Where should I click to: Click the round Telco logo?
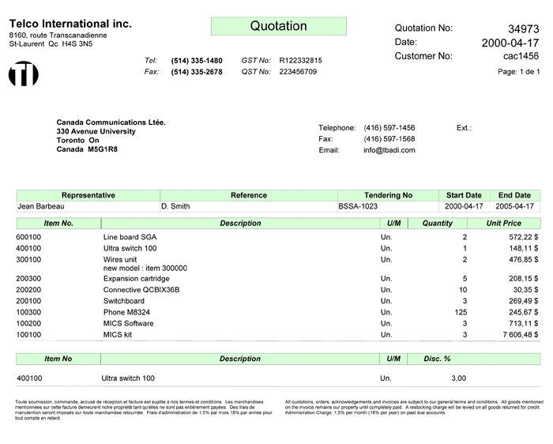click(x=23, y=73)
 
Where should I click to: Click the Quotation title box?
click(x=278, y=26)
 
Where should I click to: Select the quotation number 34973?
click(x=523, y=28)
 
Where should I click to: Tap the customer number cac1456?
click(x=521, y=56)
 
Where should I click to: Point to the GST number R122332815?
click(x=301, y=60)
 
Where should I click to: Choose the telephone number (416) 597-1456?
click(x=389, y=128)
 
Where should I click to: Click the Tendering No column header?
click(x=388, y=195)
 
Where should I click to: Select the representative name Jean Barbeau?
click(x=41, y=206)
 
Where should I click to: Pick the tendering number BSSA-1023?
click(x=358, y=206)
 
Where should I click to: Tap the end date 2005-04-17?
click(x=514, y=206)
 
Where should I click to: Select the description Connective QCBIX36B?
click(x=141, y=290)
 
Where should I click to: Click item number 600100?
click(x=28, y=237)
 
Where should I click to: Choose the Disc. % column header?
click(x=437, y=359)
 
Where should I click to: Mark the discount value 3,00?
click(x=458, y=378)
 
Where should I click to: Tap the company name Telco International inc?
click(x=70, y=24)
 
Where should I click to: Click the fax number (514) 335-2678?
click(x=197, y=72)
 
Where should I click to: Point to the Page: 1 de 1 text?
click(x=519, y=72)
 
